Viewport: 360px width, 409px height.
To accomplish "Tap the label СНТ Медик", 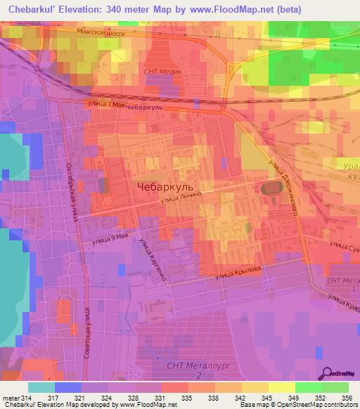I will [162, 72].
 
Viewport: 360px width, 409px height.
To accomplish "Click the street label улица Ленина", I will [181, 198].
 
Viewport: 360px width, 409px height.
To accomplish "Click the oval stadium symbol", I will [269, 188].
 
